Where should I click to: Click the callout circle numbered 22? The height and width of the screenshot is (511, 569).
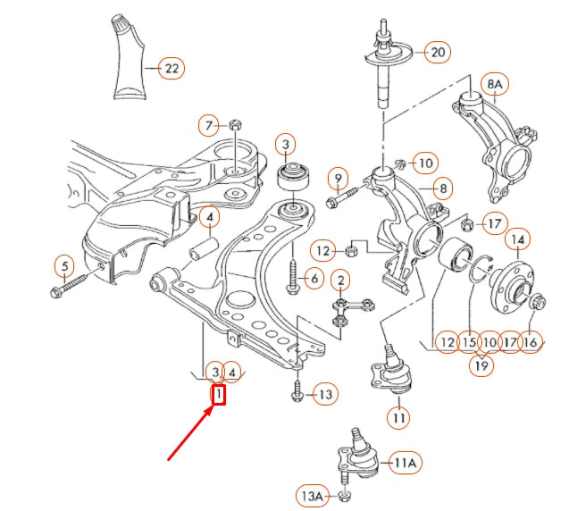[172, 68]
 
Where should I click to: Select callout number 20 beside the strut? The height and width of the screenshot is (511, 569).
[437, 52]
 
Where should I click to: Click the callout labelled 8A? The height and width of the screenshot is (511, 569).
[494, 84]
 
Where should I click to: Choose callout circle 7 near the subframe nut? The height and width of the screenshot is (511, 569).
[208, 124]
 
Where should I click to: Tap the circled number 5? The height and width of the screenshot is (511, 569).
[63, 265]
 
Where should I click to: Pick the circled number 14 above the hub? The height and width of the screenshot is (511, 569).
[518, 239]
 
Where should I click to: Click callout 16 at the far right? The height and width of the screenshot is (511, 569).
[531, 340]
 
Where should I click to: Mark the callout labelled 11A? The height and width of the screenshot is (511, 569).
[406, 462]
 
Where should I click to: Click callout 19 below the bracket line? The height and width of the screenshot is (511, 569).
[482, 365]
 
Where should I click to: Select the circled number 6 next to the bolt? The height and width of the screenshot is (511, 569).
[314, 280]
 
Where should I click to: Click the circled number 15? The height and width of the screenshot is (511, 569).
[468, 340]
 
